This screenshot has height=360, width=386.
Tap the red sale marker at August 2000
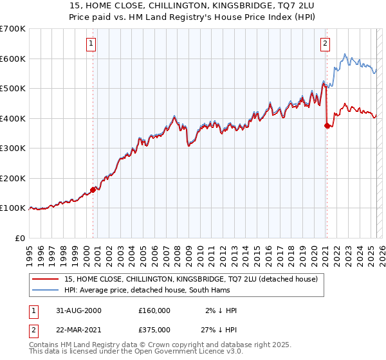[93, 190]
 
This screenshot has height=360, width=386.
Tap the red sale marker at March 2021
[327, 126]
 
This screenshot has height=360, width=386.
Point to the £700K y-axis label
[13, 29]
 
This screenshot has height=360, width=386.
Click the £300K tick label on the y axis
[13, 148]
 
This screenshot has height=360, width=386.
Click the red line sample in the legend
[46, 279]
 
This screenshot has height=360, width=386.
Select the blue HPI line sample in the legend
[46, 290]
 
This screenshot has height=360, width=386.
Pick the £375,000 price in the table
[154, 329]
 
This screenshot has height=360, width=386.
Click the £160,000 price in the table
[154, 310]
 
